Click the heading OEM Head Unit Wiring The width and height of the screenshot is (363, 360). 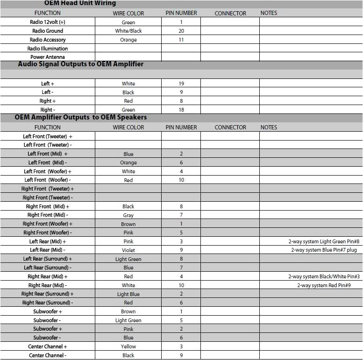(80, 3)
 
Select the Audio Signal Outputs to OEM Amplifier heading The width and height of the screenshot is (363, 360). (81, 64)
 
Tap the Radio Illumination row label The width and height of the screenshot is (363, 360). (48, 49)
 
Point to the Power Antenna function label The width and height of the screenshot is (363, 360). (48, 57)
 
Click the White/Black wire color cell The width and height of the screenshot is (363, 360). (128, 31)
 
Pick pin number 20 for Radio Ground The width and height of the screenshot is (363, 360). (181, 31)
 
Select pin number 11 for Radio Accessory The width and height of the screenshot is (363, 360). (181, 40)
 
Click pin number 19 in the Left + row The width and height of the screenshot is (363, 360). (181, 84)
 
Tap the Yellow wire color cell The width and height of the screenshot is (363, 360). (128, 346)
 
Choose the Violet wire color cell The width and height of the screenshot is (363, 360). (128, 250)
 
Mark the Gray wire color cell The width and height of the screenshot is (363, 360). (128, 215)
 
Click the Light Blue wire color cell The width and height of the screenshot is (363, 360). (128, 294)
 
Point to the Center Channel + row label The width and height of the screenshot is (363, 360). (48, 346)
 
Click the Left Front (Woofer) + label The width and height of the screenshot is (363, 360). (48, 171)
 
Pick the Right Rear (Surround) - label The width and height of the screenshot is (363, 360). (48, 303)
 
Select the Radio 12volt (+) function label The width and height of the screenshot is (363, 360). (48, 22)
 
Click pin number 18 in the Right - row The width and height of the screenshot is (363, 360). (181, 110)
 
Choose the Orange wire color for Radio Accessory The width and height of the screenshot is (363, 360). (128, 40)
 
